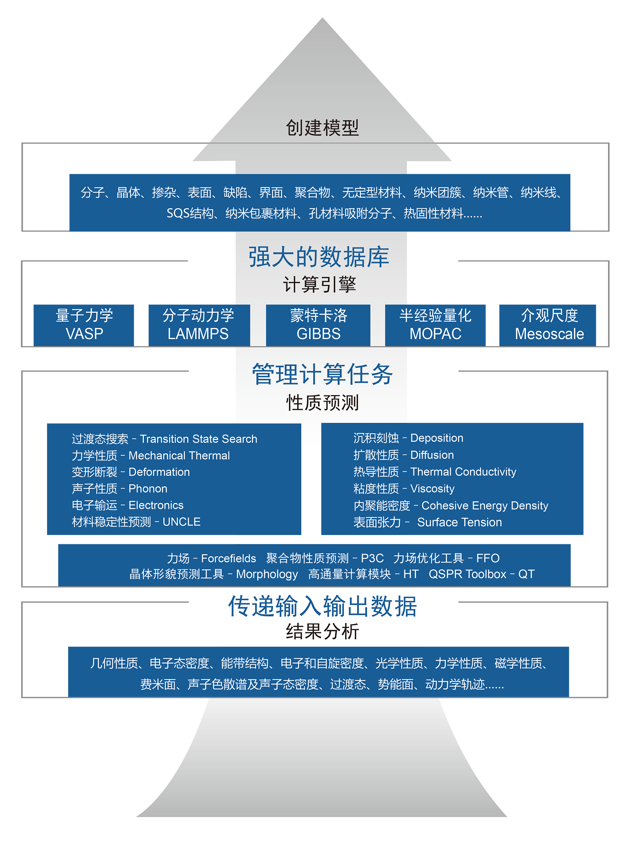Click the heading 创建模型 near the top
click(322, 128)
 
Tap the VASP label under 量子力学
click(84, 334)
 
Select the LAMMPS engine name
click(198, 334)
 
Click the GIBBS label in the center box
click(318, 334)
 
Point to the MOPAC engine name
click(435, 334)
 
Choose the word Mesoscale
click(549, 334)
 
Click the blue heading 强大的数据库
click(318, 257)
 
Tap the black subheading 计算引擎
click(319, 284)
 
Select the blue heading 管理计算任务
click(322, 374)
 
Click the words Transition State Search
click(199, 439)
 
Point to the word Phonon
click(148, 489)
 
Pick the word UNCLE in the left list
click(181, 522)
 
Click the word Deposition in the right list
click(437, 438)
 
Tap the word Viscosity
click(432, 489)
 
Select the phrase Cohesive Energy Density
click(485, 506)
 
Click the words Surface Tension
click(459, 522)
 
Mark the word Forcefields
click(228, 559)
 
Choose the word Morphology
click(267, 574)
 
